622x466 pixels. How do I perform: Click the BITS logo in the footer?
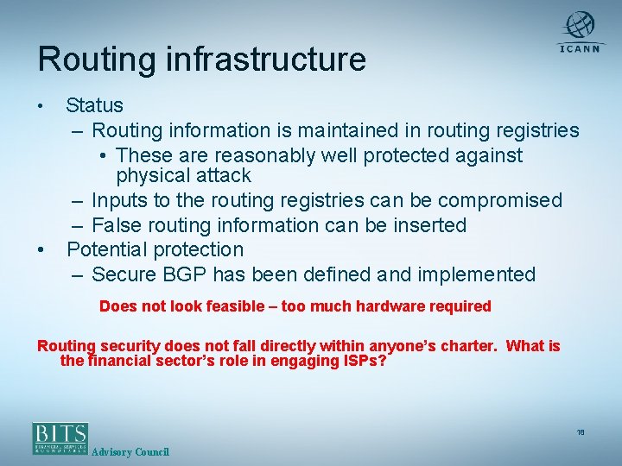(60, 438)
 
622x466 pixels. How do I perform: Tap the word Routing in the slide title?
(94, 60)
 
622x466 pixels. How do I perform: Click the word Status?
(94, 106)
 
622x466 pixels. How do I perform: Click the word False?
(116, 226)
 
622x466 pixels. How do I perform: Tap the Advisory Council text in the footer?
(130, 452)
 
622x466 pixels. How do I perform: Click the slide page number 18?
(581, 431)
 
